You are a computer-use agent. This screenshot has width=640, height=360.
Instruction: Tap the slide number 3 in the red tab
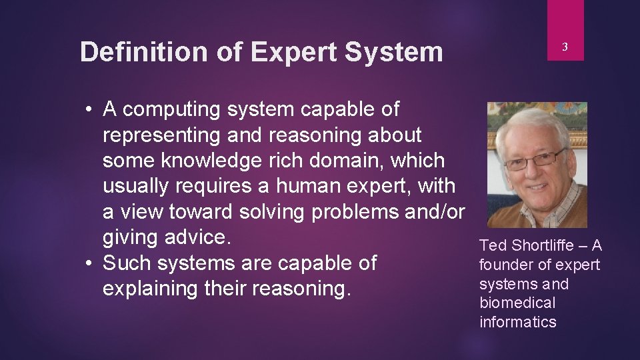pyautogui.click(x=565, y=47)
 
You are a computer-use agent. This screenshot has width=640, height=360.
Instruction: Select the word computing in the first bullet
pyautogui.click(x=175, y=109)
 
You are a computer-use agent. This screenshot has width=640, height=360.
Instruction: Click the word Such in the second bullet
pyautogui.click(x=128, y=263)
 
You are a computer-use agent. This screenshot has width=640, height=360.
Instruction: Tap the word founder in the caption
pyautogui.click(x=505, y=265)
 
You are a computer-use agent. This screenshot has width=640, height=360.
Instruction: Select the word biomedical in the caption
pyautogui.click(x=517, y=303)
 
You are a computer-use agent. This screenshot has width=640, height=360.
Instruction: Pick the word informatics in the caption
pyautogui.click(x=517, y=323)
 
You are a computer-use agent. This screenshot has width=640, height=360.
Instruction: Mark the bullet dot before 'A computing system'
pyautogui.click(x=89, y=110)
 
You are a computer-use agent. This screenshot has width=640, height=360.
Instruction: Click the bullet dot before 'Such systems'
pyautogui.click(x=89, y=264)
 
